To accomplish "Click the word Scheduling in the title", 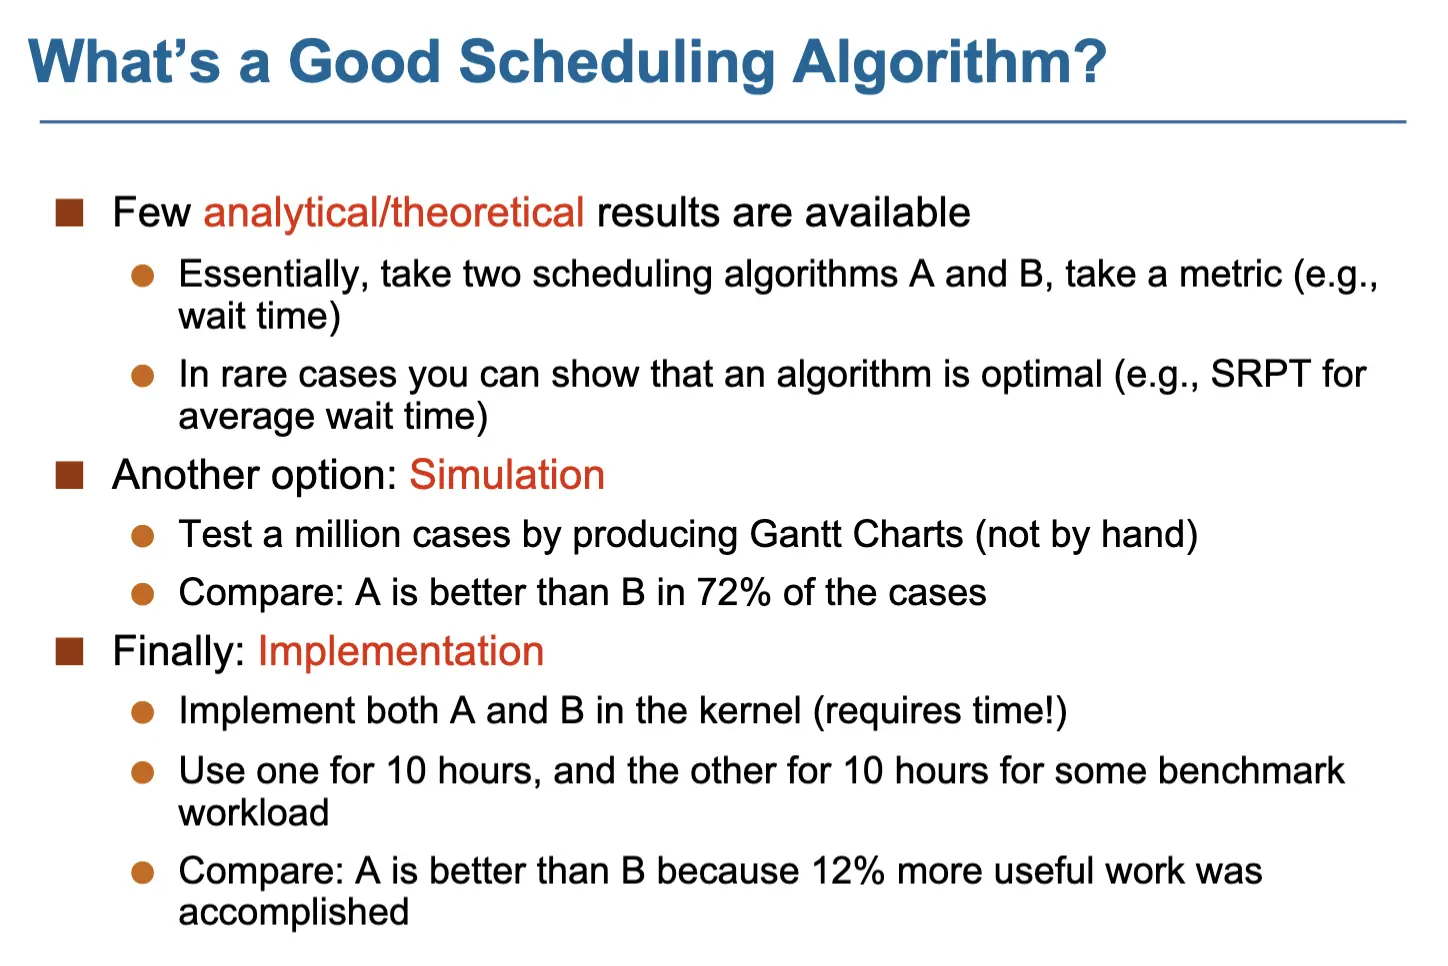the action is [616, 64].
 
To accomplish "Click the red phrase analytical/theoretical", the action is [394, 213].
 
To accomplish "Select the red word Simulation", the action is [507, 474].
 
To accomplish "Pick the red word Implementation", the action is [401, 650].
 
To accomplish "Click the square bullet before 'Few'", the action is [69, 213].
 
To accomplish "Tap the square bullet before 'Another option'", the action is [69, 475].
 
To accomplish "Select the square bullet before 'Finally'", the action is [69, 652].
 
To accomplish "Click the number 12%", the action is [847, 870].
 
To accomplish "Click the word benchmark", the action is [1251, 770].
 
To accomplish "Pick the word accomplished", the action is [293, 912].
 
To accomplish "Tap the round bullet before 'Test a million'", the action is [142, 536].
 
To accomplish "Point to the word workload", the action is [253, 812].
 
